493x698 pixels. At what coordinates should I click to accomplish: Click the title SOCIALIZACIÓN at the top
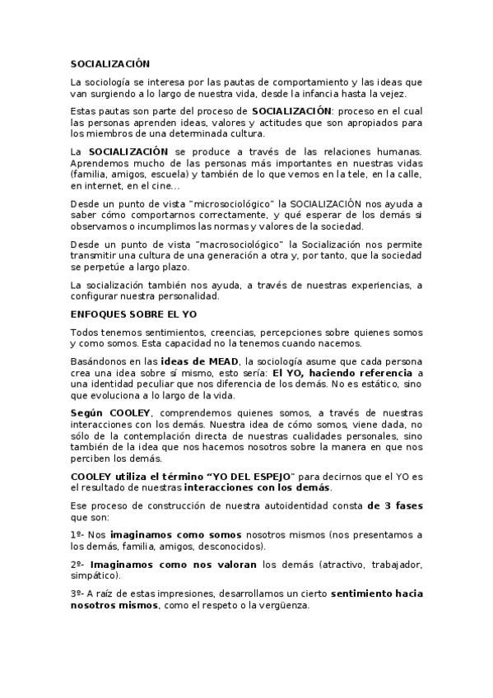110,63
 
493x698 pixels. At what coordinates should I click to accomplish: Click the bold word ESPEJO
273,477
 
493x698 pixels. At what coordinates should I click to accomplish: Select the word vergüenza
280,605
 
